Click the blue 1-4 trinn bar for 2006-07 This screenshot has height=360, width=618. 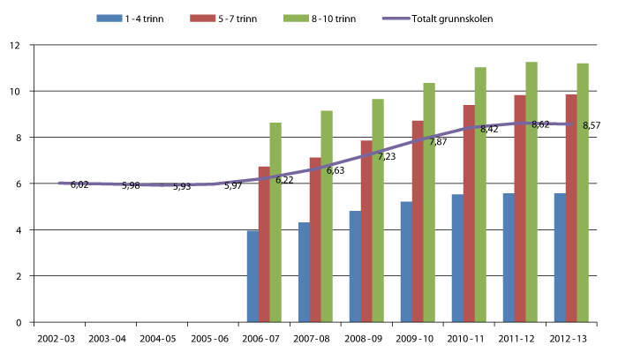coord(252,276)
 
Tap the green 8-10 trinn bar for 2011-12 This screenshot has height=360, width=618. coord(531,191)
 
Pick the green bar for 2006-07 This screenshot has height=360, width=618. coord(275,222)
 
